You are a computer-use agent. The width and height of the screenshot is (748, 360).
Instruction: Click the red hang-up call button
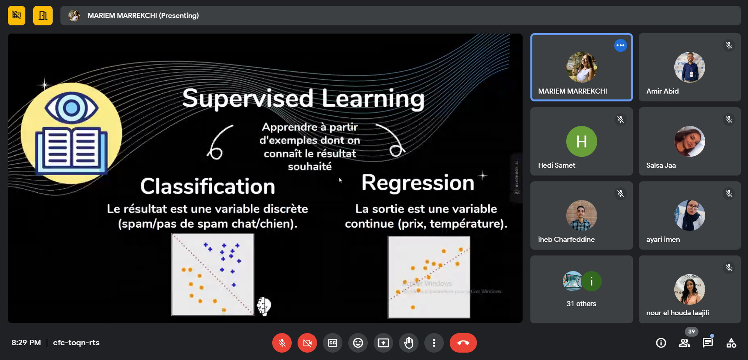point(463,343)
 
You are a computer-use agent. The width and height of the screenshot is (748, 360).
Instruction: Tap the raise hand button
point(409,343)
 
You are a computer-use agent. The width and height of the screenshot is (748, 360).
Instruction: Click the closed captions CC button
point(333,343)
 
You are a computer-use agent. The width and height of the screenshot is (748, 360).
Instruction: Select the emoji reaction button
point(358,343)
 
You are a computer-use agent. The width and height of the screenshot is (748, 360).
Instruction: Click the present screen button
point(383,343)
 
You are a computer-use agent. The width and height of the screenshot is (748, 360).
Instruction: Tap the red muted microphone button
point(282,343)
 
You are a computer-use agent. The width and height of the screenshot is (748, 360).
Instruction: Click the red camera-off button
point(307,343)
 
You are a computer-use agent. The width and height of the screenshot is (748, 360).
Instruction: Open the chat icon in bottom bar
point(707,343)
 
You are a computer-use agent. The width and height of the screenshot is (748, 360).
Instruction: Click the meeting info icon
point(661,343)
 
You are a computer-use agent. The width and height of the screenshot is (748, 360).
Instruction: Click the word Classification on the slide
point(207,186)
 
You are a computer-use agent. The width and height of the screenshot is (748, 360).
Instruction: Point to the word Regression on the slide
point(418,183)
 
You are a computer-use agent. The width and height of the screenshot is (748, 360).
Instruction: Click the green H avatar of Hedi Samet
point(581,141)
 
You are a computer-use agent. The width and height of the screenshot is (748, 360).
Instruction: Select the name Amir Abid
point(662,91)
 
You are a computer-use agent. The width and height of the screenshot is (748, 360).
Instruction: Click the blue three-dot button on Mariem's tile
point(620,45)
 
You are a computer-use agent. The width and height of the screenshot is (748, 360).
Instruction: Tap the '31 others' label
point(581,304)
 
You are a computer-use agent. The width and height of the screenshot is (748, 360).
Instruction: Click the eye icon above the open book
point(71,108)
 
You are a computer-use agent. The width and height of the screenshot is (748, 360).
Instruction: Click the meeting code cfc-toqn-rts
point(76,343)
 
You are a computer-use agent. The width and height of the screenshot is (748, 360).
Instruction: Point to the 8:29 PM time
point(26,343)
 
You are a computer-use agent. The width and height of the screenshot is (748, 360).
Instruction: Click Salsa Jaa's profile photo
point(690,141)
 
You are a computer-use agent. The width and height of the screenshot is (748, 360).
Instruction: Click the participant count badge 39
point(691,332)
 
